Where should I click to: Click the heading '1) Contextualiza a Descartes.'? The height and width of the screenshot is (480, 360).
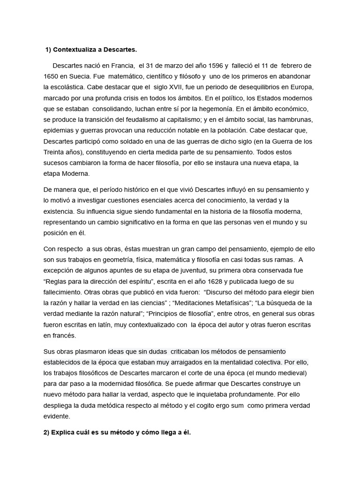pyautogui.click(x=91, y=49)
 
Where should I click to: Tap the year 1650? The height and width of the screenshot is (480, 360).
pyautogui.click(x=51, y=76)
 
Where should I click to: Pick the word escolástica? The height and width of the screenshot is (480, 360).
pyautogui.click(x=71, y=87)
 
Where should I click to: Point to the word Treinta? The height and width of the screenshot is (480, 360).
pyautogui.click(x=54, y=152)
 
